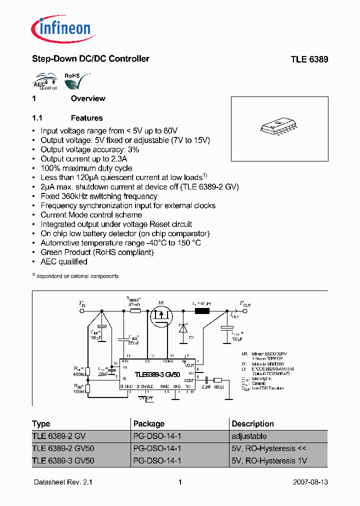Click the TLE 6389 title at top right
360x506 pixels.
(x=309, y=59)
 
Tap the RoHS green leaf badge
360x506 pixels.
(x=73, y=81)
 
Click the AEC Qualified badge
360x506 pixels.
(x=44, y=82)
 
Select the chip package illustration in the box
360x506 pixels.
(x=279, y=127)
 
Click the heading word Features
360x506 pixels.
(x=86, y=118)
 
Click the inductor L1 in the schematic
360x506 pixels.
(x=202, y=311)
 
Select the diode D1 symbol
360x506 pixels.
(x=183, y=328)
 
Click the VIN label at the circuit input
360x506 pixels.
(x=82, y=303)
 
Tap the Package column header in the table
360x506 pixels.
(x=148, y=423)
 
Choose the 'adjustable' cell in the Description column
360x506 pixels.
(x=248, y=436)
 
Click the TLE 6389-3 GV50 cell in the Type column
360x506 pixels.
(x=63, y=460)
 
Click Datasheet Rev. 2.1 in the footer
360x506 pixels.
(x=63, y=482)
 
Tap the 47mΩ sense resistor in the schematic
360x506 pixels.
(x=135, y=311)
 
